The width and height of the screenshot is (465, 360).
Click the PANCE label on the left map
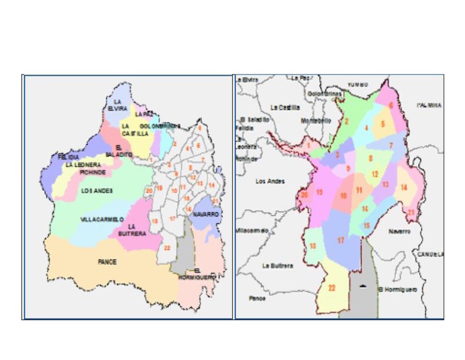107,262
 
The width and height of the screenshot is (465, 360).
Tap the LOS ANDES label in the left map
97,190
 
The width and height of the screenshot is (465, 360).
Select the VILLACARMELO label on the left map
101,219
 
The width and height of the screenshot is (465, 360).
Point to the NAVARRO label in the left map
206,215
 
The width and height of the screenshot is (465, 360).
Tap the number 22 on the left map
167,247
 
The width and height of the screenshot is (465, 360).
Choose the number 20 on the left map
149,191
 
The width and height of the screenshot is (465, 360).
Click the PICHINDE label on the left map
92,173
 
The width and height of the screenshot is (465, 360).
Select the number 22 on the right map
332,288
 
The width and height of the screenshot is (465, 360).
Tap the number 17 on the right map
341,241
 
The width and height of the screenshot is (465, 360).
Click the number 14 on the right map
403,187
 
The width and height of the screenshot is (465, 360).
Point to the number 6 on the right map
392,105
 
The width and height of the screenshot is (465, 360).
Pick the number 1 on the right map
308,145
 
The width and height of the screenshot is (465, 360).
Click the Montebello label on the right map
316,121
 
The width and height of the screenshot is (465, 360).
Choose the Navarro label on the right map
400,231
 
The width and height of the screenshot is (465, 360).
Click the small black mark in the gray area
362,285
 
